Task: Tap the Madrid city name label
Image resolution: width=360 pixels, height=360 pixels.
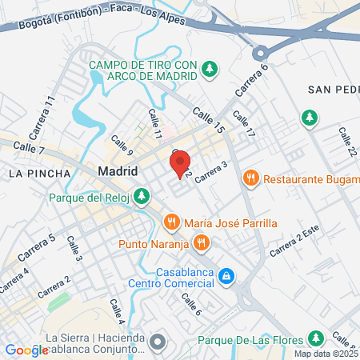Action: (118, 171)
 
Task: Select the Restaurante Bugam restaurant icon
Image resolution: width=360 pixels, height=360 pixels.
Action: (251, 178)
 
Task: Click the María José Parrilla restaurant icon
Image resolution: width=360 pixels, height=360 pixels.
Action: (170, 222)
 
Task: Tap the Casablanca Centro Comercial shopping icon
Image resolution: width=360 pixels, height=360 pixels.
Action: (227, 275)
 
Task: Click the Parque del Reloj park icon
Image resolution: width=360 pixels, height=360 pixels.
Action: (142, 196)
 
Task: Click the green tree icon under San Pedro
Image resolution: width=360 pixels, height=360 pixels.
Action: (309, 118)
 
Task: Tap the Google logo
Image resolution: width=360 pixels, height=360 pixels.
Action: (26, 350)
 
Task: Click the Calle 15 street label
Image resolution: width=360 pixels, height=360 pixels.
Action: (210, 122)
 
